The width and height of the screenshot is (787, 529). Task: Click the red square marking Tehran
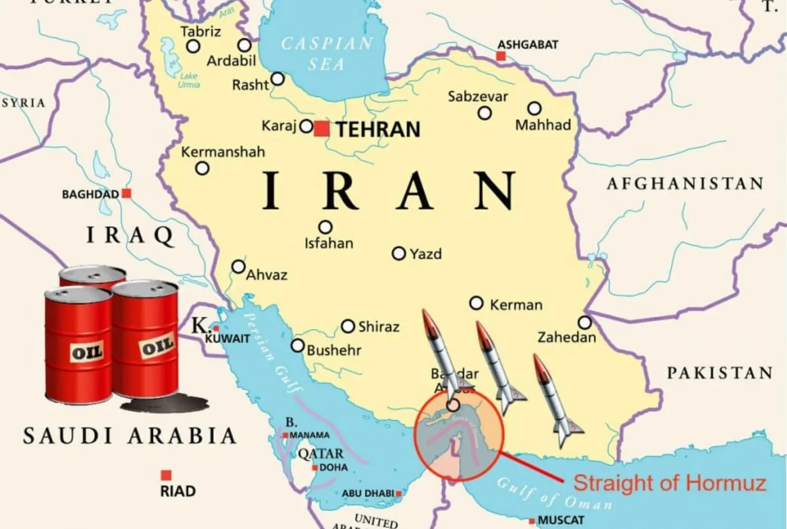tap(322, 129)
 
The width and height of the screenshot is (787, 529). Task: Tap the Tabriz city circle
tap(193, 47)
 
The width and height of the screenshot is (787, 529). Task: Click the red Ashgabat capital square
tap(501, 56)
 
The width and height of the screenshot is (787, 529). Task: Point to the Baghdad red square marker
tap(126, 194)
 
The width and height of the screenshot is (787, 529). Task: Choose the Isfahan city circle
tap(325, 227)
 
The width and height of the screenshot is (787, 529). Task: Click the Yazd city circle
tap(398, 254)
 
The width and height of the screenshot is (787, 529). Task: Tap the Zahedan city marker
tap(584, 323)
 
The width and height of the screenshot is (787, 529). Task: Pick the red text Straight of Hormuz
tap(669, 483)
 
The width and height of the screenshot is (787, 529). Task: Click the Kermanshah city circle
tap(202, 168)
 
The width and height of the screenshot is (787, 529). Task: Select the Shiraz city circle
tap(348, 326)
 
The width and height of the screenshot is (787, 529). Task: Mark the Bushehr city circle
tap(298, 346)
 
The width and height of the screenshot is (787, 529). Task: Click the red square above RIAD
tap(166, 475)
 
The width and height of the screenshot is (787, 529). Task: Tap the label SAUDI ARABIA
tap(130, 436)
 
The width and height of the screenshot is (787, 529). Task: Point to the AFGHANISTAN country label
tap(685, 184)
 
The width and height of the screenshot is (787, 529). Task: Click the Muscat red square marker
tap(532, 521)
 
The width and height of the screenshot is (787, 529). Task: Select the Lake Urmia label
tap(189, 80)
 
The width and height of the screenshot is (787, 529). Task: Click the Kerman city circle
tap(476, 303)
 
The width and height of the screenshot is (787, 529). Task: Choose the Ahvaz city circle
tap(239, 267)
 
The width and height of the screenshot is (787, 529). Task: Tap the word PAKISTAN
tap(720, 373)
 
